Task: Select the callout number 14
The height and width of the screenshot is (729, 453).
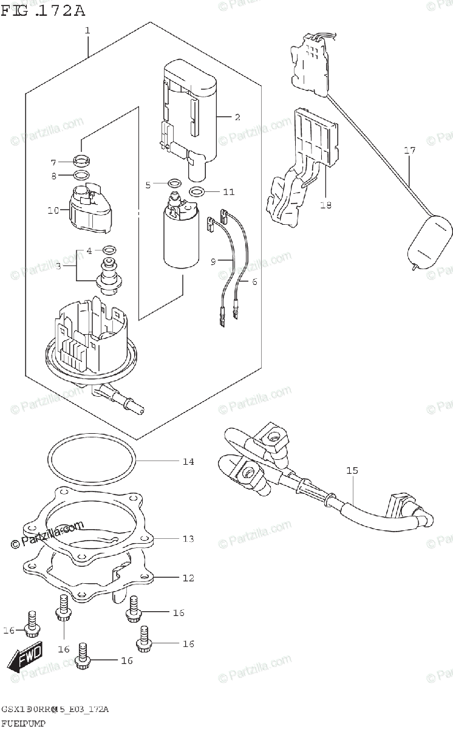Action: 188,462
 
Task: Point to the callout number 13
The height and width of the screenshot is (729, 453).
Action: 188,538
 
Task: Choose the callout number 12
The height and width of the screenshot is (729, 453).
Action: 188,578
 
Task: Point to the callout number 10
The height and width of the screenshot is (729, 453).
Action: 53,211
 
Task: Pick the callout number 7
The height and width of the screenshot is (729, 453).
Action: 53,162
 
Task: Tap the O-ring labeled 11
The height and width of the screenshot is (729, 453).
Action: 196,192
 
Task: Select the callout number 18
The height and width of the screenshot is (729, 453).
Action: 325,205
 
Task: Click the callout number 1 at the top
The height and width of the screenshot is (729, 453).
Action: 87,30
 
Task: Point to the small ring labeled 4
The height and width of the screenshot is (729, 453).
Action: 110,249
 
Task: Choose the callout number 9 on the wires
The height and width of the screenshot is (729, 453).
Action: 213,261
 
